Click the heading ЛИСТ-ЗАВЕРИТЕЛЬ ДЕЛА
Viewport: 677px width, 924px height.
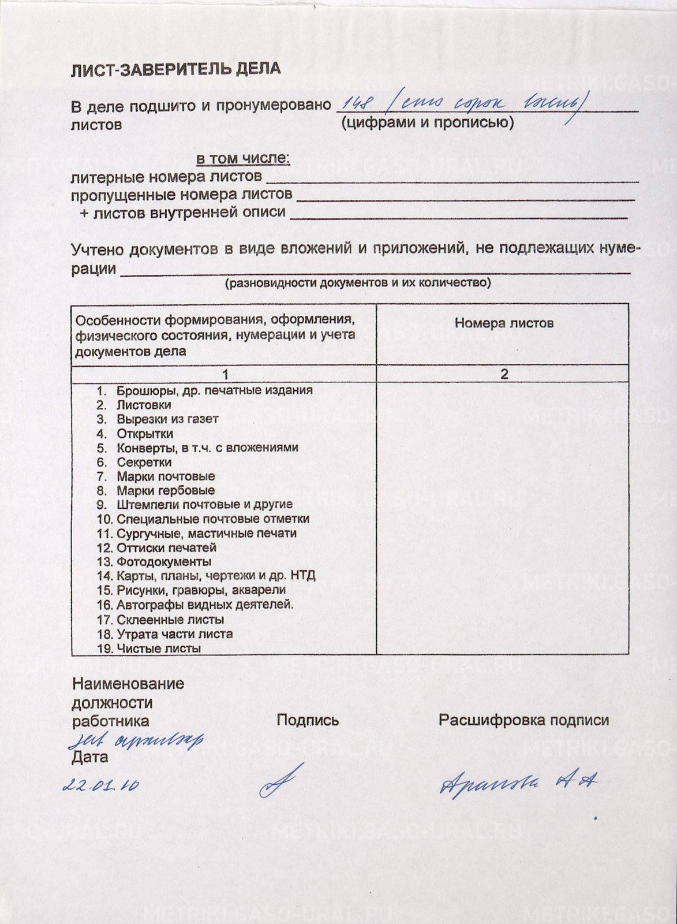point(175,69)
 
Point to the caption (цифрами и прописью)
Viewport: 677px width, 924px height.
point(427,122)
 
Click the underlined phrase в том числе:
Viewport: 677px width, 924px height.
point(243,158)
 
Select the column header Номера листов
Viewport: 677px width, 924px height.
point(504,323)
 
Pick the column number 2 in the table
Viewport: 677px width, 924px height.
point(504,374)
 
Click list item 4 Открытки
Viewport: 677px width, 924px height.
point(144,434)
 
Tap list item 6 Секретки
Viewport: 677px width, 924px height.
point(144,462)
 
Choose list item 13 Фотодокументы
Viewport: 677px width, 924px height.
point(163,561)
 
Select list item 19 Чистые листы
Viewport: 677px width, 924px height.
point(158,648)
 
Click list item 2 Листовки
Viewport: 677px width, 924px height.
point(144,405)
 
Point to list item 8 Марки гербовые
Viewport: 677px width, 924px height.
point(165,490)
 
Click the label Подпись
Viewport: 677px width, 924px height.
point(308,720)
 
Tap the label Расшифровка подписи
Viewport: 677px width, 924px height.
point(523,720)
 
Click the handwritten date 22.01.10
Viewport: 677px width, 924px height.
point(101,785)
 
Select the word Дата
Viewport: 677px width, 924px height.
point(90,757)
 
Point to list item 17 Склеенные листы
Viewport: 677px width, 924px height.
point(170,620)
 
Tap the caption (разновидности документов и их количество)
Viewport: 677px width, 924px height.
point(358,283)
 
